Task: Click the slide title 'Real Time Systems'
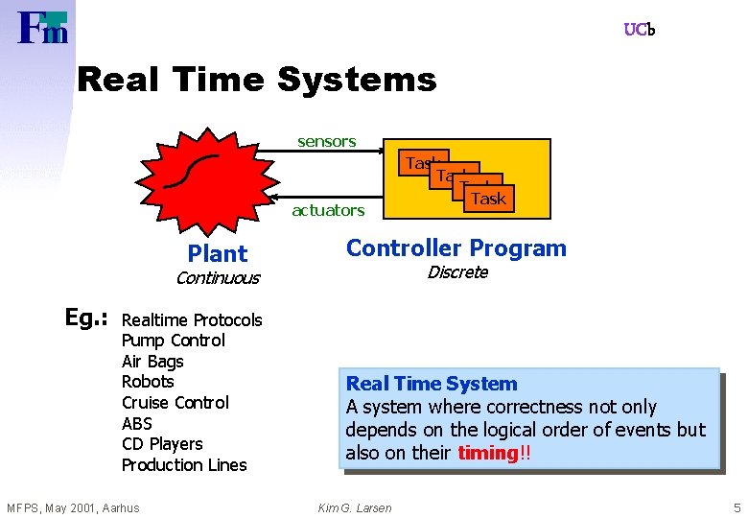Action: tap(256, 79)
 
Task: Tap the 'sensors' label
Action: tap(326, 142)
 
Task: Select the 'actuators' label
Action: tap(328, 210)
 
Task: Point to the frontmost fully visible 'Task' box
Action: tap(488, 199)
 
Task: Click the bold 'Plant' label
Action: tap(218, 254)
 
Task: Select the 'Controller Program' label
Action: tap(456, 248)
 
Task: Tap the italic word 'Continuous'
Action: tap(217, 278)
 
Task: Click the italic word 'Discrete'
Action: tap(457, 272)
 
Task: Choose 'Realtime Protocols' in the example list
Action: tap(192, 320)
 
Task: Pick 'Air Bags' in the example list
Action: tap(152, 362)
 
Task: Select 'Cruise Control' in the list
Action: tap(175, 403)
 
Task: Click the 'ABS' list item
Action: tap(137, 424)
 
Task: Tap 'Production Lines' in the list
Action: tap(184, 465)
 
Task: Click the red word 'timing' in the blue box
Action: tap(487, 453)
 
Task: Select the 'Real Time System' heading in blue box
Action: tap(432, 384)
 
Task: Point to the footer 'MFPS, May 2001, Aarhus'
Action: tap(73, 507)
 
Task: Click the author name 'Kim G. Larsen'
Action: tap(355, 507)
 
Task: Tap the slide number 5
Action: tap(736, 507)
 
